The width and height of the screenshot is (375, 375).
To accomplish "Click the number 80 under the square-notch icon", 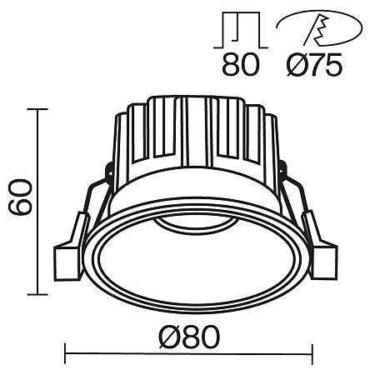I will pos(240,64).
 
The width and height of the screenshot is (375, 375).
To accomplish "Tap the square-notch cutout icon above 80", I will pos(241,31).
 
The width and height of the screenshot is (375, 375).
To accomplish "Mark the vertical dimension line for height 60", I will pos(36,200).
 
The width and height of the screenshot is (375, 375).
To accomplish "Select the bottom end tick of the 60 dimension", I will pos(36,294).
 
